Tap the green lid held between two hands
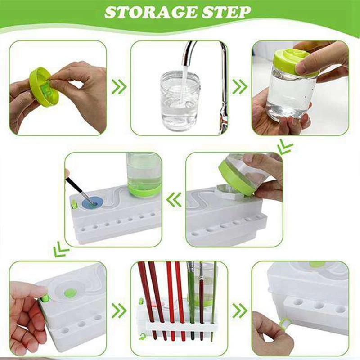point(44,87)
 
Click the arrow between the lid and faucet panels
point(119,87)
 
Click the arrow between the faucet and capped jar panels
point(240,87)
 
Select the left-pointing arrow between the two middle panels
point(174,199)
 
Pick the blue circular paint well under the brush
point(91,202)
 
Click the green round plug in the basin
point(71,293)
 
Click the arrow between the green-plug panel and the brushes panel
point(119,310)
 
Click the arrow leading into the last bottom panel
point(240,310)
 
